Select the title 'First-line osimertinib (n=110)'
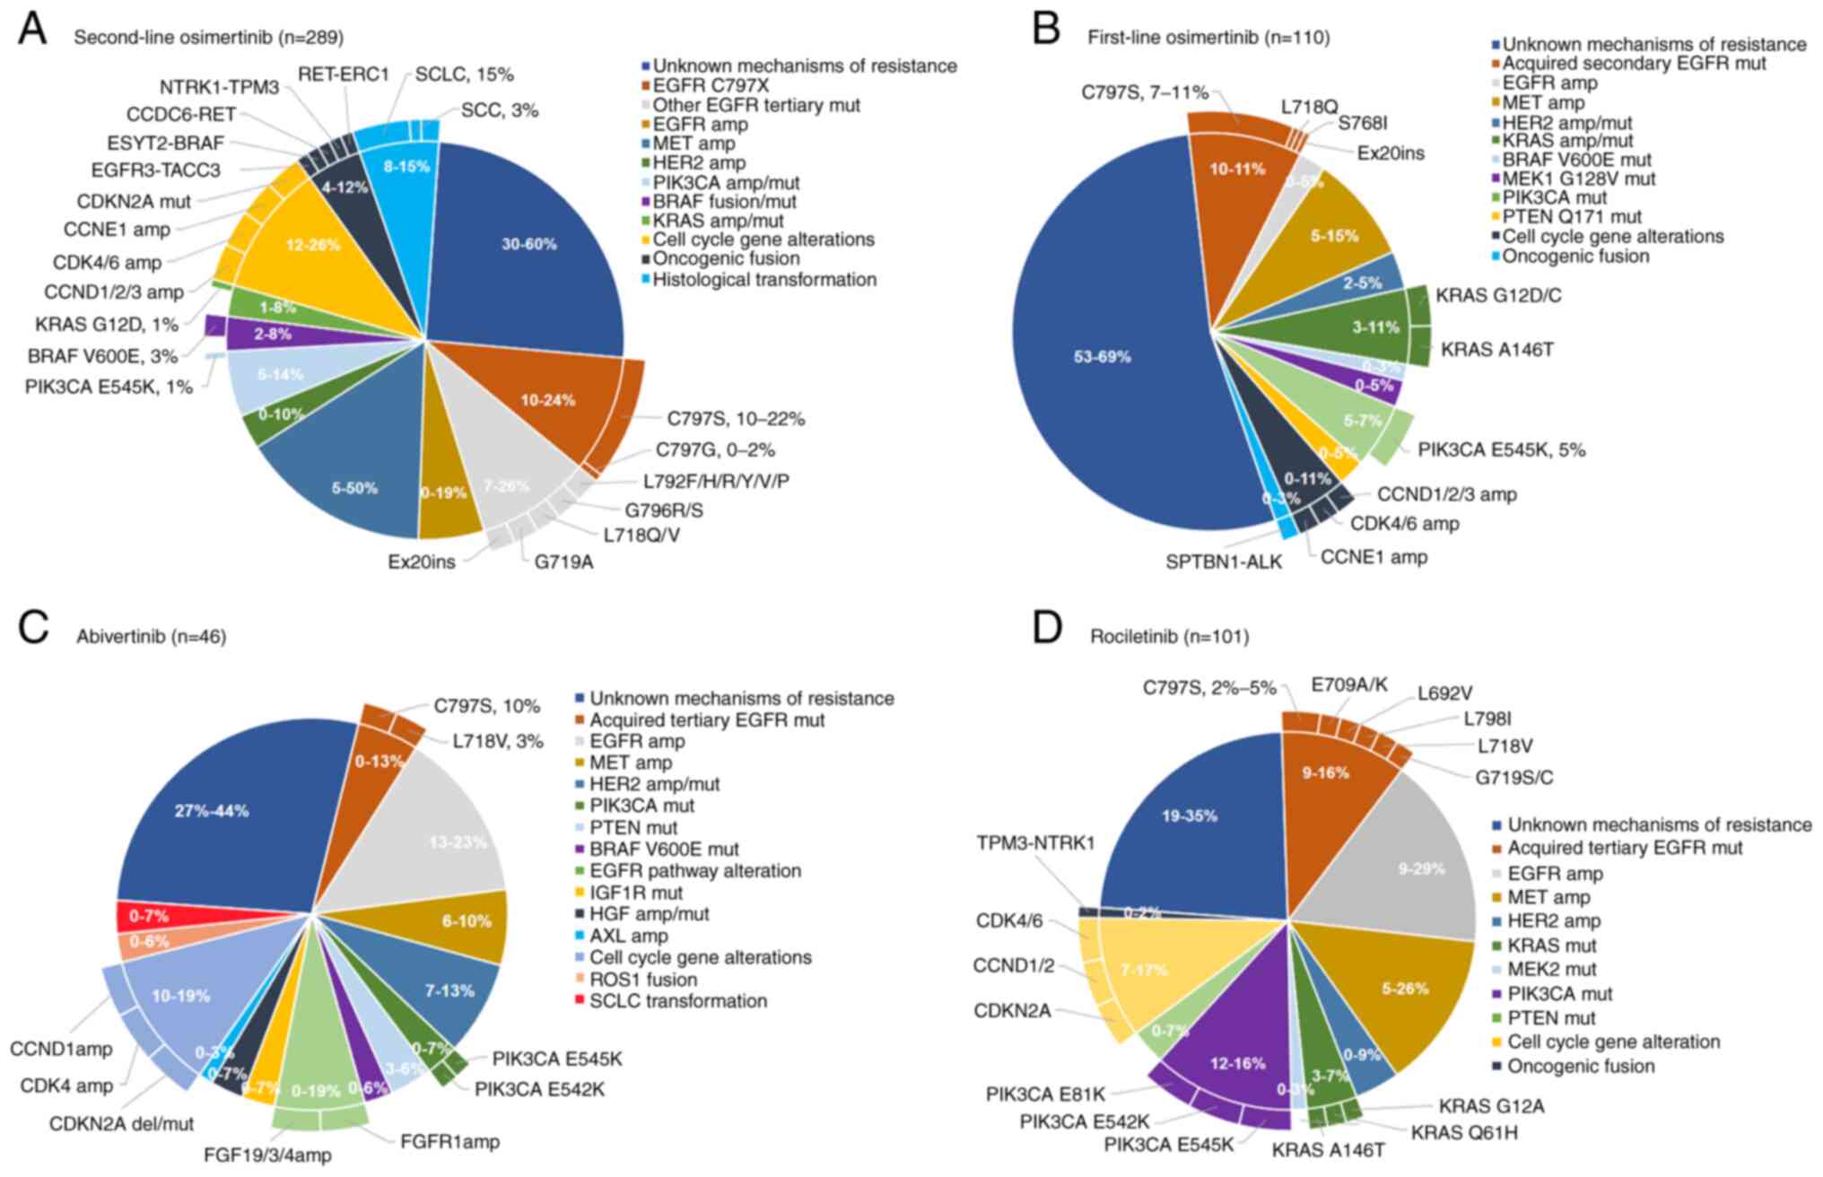point(1208,38)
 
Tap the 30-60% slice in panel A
point(528,244)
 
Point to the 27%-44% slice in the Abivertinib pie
point(213,811)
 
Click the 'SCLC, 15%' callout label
point(464,74)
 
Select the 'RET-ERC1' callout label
point(344,74)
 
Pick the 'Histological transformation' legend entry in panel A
point(763,280)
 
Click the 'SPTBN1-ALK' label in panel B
point(1224,562)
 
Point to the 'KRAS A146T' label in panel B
point(1496,349)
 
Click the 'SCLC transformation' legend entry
point(677,1001)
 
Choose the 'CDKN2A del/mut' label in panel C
point(121,1123)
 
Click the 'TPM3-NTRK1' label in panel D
point(1034,844)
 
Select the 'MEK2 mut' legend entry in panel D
point(1551,970)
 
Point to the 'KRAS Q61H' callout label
point(1464,1133)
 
